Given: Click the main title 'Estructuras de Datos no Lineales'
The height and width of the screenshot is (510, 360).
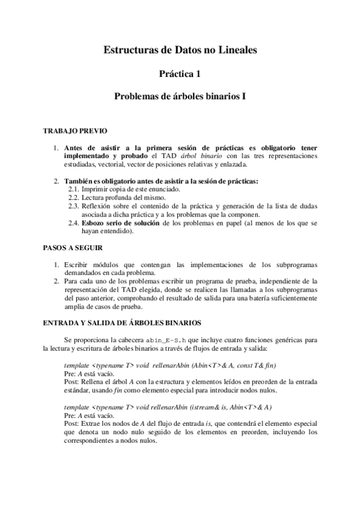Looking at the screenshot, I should (x=180, y=51).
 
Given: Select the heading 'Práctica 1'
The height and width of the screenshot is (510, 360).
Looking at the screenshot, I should (x=180, y=74).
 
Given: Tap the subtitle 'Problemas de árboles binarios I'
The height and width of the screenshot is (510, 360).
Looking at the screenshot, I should (x=180, y=96).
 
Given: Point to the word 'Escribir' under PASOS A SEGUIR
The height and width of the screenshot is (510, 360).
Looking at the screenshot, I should (x=76, y=264).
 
